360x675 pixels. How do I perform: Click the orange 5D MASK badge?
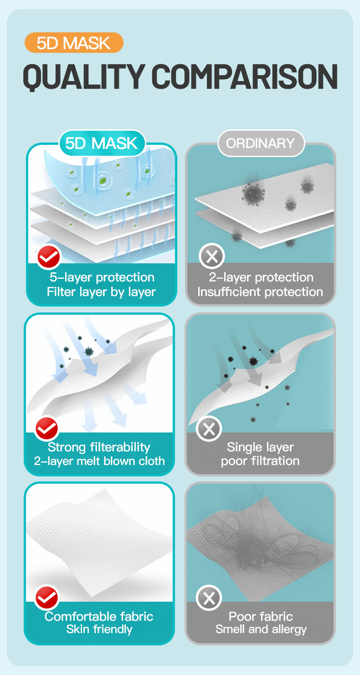pos(74,43)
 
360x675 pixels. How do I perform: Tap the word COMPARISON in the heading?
pos(244,77)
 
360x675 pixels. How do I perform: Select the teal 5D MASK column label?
pos(102,143)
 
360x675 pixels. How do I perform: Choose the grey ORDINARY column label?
pos(261,143)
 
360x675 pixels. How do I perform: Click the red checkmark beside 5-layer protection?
pos(49,257)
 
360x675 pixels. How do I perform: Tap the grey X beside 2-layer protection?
pos(211,256)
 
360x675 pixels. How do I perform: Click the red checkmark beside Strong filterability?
pos(47,428)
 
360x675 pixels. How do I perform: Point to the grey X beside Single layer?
pos(209,429)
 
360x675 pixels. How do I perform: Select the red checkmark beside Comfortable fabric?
pos(47,597)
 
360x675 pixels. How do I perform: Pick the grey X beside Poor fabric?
pos(209,598)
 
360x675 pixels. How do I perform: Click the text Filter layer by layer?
pos(101,292)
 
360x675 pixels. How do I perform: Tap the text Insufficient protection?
pos(260,291)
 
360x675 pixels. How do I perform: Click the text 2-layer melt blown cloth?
pos(99,461)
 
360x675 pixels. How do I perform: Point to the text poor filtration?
pos(260,461)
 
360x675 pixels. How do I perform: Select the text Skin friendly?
pos(99,629)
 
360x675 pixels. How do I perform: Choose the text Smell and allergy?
pos(261,629)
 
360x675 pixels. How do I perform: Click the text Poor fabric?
pos(261,616)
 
